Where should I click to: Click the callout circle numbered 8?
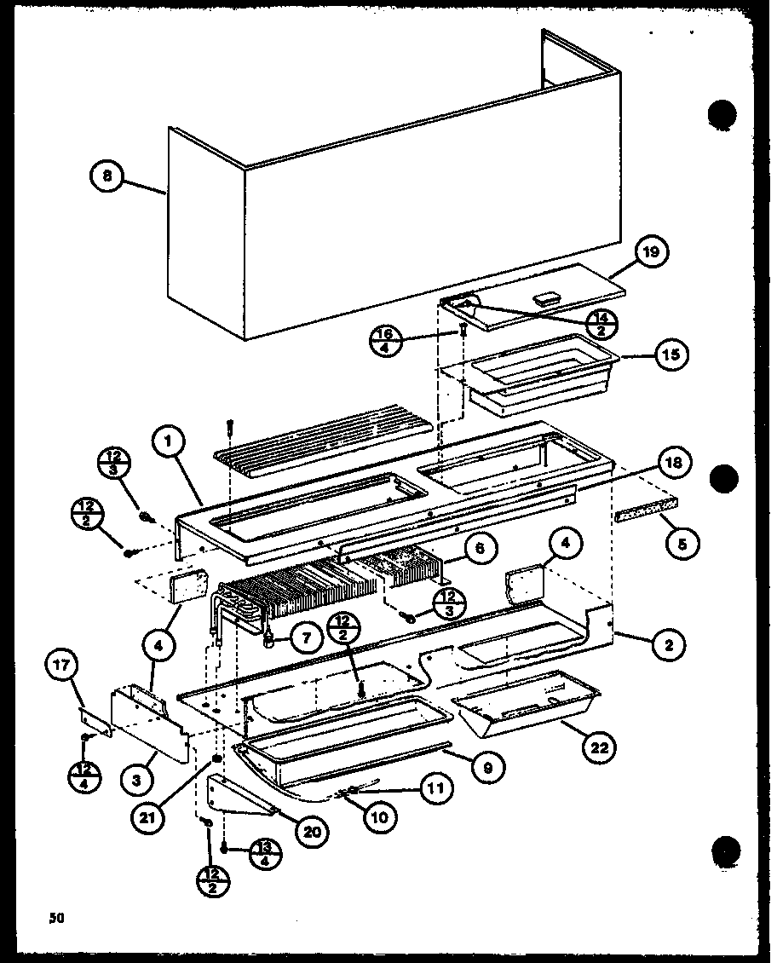pos(106,177)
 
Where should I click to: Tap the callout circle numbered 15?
pos(672,355)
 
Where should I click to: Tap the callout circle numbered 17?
pos(68,666)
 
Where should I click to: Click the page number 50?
pos(56,919)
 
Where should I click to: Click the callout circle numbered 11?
pos(434,789)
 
